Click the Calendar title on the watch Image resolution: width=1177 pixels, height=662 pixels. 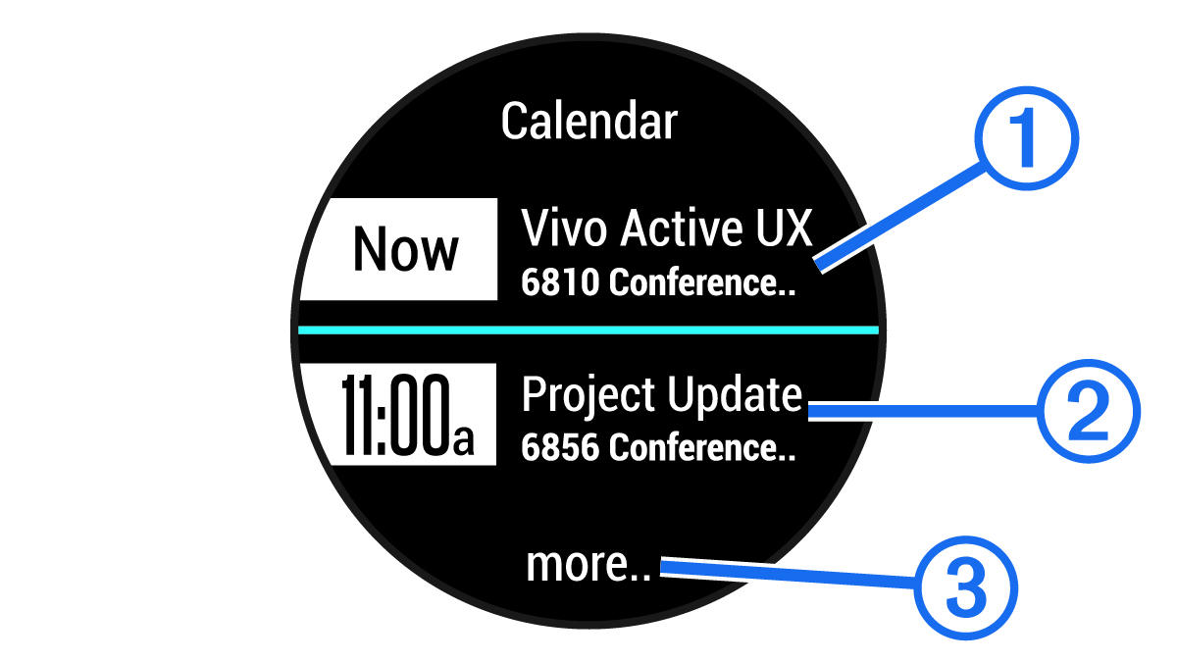point(589,122)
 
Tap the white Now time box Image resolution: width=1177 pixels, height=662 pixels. point(399,249)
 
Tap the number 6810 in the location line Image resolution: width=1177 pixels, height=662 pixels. point(560,282)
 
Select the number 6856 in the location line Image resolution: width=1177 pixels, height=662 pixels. point(560,447)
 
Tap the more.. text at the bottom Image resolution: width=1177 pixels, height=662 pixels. point(588,565)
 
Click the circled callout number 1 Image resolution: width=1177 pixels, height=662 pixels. point(1027,138)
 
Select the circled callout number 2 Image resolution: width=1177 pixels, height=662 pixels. point(1089,411)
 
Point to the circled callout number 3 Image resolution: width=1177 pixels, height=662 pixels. point(966,587)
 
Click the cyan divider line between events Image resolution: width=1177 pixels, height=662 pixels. point(588,330)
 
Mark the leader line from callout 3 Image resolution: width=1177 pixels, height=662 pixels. point(789,574)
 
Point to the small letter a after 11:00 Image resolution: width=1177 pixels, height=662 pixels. point(463,439)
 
